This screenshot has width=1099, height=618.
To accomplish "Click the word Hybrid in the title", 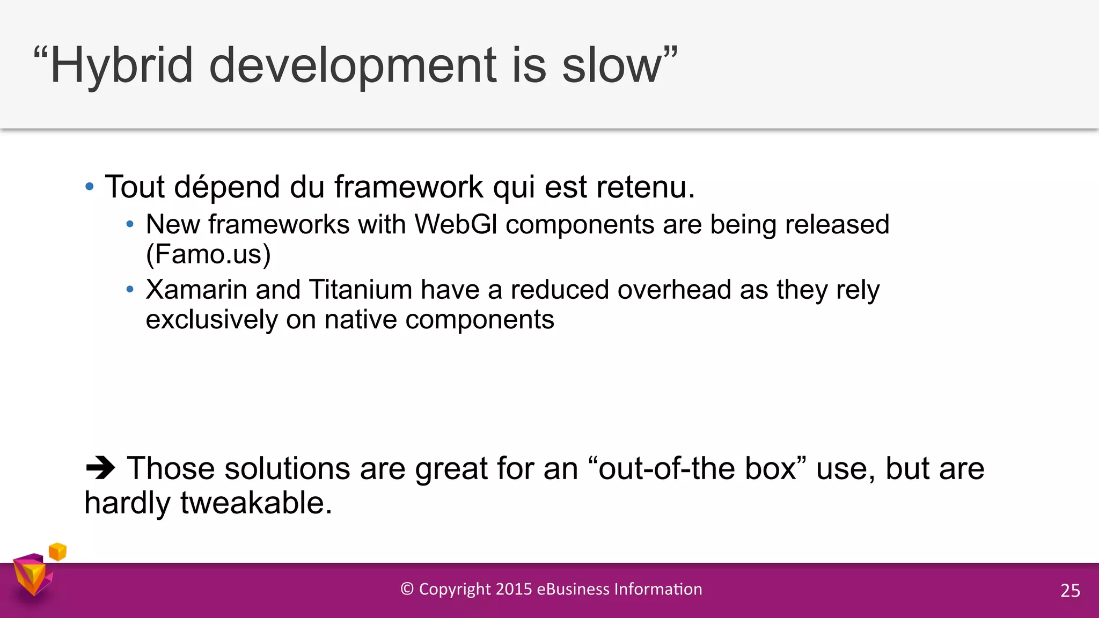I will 121,65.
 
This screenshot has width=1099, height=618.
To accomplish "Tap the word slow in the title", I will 612,65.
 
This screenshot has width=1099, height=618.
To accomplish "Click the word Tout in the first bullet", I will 135,187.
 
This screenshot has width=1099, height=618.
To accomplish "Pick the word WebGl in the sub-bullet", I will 456,224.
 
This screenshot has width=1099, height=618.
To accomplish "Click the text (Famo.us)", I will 208,254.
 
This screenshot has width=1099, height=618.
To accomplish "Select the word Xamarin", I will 196,290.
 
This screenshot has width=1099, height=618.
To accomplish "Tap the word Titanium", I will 360,290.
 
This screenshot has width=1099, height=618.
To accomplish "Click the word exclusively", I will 211,320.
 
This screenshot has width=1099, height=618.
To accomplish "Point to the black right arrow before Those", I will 100,468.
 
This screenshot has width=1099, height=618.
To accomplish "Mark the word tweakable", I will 256,503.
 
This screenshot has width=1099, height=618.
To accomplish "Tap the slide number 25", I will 1070,591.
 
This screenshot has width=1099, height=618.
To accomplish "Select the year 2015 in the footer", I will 514,589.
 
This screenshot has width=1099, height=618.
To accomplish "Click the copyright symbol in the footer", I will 407,589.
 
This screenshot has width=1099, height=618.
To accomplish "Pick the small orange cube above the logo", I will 57,551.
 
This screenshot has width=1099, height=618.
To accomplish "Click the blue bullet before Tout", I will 90,187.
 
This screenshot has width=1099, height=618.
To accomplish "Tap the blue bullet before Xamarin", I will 130,290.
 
